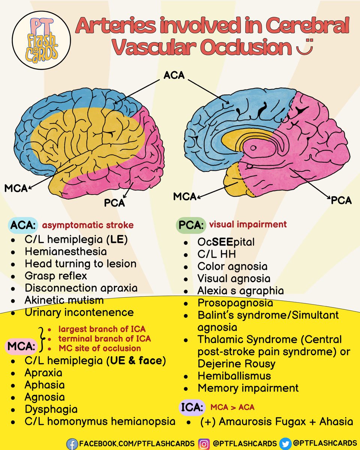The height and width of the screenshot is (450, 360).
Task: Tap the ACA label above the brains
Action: [x=174, y=75]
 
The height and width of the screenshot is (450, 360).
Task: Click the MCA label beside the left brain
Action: [x=16, y=188]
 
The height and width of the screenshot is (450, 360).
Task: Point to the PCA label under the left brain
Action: [x=114, y=203]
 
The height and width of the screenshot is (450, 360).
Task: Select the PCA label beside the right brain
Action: [x=341, y=200]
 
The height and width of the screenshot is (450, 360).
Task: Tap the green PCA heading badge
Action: [x=190, y=226]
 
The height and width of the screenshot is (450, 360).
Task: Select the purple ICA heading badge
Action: [x=192, y=406]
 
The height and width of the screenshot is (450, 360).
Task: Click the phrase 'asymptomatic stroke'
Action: [x=87, y=225]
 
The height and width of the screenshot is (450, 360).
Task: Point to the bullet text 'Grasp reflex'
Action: [x=56, y=276]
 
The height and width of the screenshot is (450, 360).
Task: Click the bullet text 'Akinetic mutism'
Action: [x=64, y=300]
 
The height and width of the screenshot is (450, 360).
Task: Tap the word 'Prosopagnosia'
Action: [x=235, y=302]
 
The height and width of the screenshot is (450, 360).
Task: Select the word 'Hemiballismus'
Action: [x=234, y=375]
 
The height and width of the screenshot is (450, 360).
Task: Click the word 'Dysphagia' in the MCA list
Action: [x=51, y=409]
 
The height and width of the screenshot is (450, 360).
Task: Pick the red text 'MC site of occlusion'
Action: [x=100, y=348]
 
